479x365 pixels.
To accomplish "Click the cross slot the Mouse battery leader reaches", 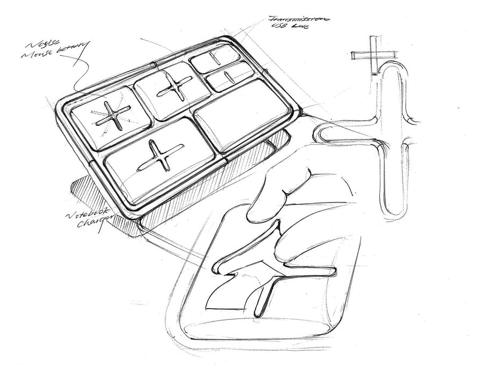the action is click(111, 115).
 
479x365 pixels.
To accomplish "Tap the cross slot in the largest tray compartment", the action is click(159, 157).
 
